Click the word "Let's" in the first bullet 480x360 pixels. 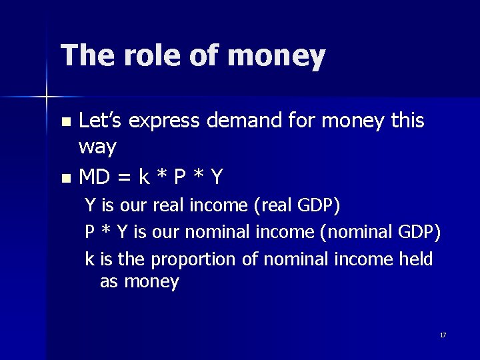point(101,121)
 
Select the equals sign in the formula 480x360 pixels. point(125,178)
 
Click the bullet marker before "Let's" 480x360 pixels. point(65,122)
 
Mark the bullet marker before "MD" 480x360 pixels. point(65,179)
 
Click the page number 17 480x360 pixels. point(443,335)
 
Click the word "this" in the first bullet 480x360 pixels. point(407,121)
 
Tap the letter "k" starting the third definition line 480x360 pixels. point(89,259)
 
